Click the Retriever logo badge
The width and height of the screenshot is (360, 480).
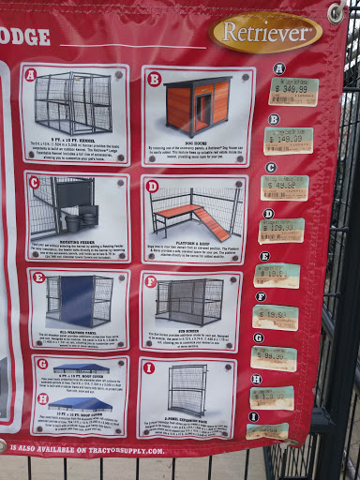267,32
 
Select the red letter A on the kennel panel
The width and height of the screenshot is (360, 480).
30,75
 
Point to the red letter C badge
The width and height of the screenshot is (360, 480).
35,183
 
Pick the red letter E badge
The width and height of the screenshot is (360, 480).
38,277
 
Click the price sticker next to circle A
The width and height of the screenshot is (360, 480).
293,91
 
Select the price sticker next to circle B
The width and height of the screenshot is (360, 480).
289,141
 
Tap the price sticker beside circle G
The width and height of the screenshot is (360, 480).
274,358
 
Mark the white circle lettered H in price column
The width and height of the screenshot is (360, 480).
258,379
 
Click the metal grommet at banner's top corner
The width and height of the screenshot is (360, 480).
336,13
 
